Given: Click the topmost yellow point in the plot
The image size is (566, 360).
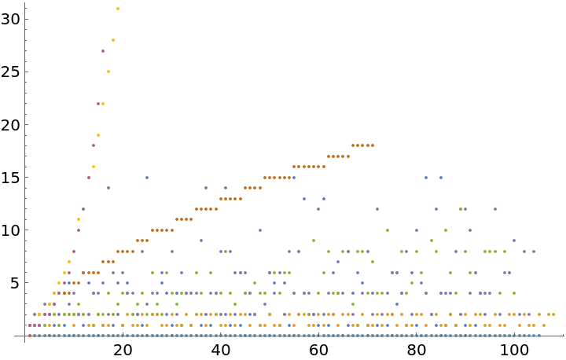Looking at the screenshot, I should [118, 9].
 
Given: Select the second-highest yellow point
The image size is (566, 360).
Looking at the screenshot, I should [113, 40].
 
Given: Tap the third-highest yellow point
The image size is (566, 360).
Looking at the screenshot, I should [108, 72].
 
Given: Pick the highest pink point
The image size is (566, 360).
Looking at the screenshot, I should [103, 51].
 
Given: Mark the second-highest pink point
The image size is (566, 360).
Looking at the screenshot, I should [98, 104].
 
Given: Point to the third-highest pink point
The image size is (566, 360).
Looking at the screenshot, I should [94, 145].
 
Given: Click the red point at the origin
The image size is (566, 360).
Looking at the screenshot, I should [30, 336].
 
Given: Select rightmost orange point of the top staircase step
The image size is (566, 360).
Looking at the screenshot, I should [373, 145].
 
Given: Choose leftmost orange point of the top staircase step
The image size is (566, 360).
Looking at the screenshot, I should [353, 145].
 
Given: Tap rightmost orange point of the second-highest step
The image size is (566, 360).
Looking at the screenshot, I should [348, 156].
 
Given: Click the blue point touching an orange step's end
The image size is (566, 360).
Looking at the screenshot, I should [294, 178].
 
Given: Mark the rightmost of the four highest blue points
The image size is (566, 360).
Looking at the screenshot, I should [441, 178].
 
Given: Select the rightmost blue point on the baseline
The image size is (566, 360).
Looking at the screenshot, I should [539, 336].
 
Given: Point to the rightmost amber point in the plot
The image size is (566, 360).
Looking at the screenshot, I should [553, 314].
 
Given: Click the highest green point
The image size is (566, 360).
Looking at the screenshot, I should [461, 209].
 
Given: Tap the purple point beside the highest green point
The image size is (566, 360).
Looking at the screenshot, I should [465, 209].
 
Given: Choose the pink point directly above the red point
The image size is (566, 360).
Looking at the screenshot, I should [30, 325].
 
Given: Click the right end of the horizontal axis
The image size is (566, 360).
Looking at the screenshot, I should [564, 336].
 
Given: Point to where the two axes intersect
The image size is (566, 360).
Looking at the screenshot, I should [25, 336].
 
